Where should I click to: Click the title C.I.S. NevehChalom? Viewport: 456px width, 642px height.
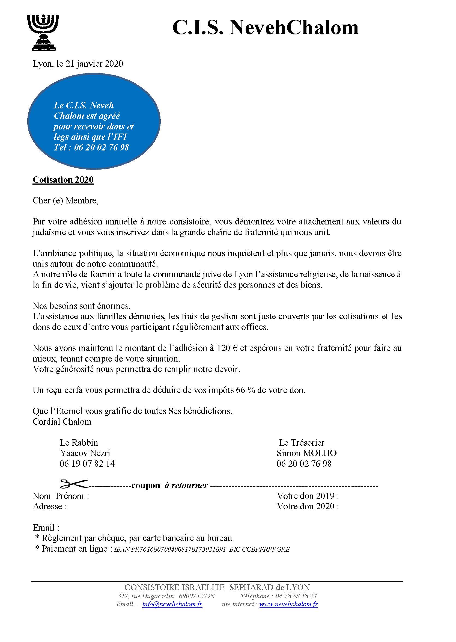(265, 28)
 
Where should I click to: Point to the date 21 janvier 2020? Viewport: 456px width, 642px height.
(94, 64)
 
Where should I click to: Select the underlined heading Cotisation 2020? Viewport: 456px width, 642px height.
(63, 179)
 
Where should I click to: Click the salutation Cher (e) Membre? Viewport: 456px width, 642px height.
(65, 201)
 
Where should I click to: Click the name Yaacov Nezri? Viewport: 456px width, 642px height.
(85, 453)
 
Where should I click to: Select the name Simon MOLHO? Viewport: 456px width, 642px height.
(306, 453)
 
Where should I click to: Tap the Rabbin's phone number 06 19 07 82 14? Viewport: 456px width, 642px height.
(87, 464)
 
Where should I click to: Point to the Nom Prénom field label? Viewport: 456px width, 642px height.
(61, 496)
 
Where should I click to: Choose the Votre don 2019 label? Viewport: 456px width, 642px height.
(308, 496)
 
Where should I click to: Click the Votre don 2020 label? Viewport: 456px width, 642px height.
(308, 506)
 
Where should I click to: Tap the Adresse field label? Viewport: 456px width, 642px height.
(50, 506)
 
